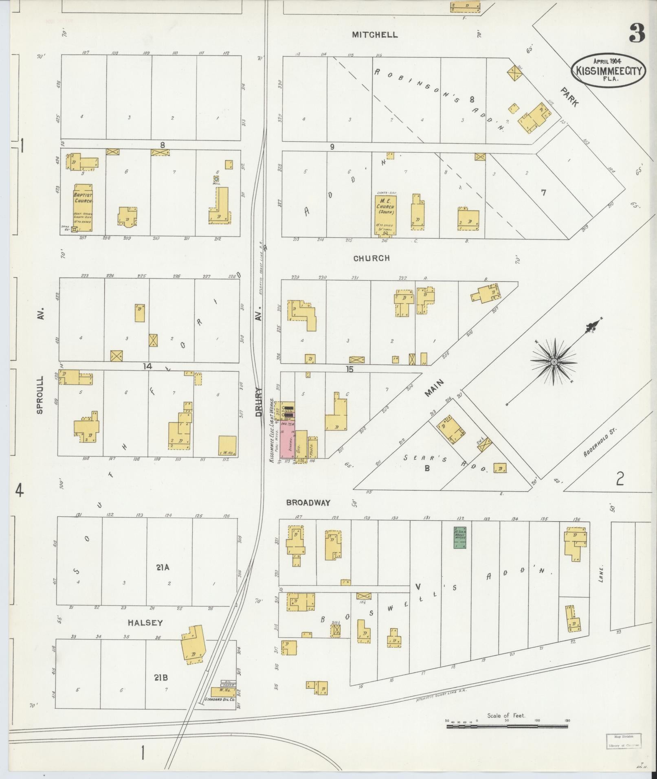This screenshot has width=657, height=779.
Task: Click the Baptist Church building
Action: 83,208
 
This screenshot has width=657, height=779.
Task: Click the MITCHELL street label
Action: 375,35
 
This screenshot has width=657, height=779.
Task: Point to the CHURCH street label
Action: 371,258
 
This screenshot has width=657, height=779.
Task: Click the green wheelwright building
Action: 460,538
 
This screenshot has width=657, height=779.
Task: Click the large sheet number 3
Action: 637,34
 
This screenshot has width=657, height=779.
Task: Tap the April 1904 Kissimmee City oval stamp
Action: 609,70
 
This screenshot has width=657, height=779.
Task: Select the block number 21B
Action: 161,678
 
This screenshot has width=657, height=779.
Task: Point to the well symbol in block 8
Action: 216,179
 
